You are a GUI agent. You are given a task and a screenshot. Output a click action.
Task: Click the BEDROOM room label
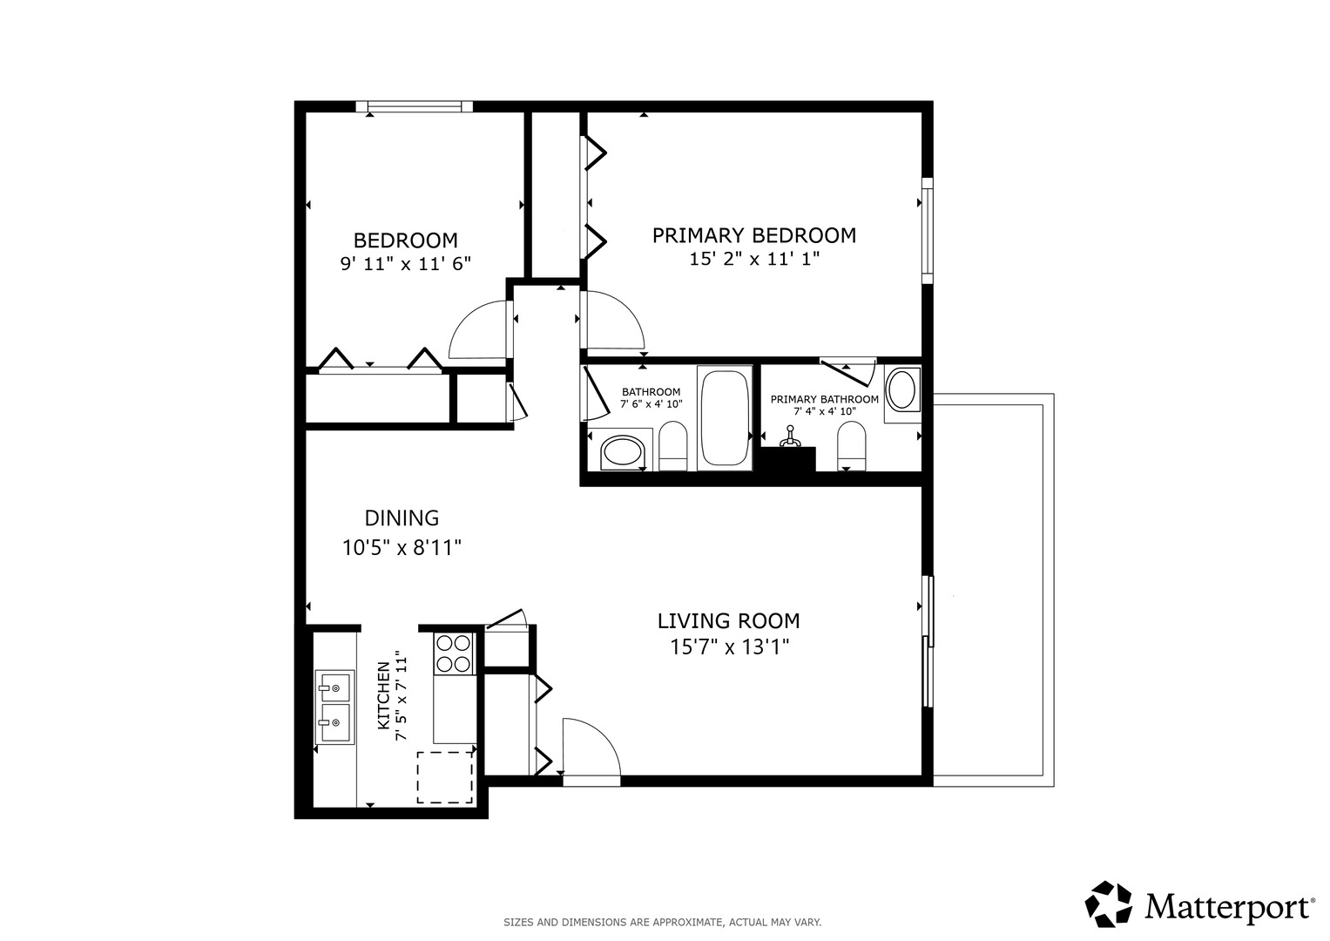[x=406, y=240]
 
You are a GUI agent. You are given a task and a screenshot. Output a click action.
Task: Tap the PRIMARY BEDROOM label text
[x=754, y=236]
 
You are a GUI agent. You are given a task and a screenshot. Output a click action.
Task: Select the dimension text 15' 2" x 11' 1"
[x=754, y=259]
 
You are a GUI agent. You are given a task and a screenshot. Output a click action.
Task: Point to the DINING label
[x=402, y=518]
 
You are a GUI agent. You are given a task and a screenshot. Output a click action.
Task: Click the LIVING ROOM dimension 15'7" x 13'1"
[x=729, y=647]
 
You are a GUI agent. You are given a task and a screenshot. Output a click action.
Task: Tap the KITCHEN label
[x=384, y=695]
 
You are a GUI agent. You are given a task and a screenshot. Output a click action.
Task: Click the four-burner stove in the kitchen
[x=454, y=653]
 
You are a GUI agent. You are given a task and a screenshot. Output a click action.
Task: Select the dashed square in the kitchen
[x=445, y=777]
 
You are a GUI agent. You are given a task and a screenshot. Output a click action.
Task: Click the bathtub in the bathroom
[x=725, y=418]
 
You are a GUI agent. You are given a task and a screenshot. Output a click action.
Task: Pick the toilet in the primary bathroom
[x=851, y=446]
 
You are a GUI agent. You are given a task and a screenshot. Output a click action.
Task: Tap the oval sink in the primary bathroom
[x=901, y=389]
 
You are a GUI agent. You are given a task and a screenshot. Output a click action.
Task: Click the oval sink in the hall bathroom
[x=622, y=454]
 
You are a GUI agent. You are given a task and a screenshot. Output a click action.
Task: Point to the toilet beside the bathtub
[x=672, y=446]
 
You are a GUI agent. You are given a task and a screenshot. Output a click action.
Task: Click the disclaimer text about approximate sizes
[x=663, y=922]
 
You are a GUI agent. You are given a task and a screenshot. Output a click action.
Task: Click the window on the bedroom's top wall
[x=415, y=107]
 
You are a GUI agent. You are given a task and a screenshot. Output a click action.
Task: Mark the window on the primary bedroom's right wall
[x=928, y=231]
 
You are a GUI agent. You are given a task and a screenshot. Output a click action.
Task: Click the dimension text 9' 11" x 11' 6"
[x=406, y=264]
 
